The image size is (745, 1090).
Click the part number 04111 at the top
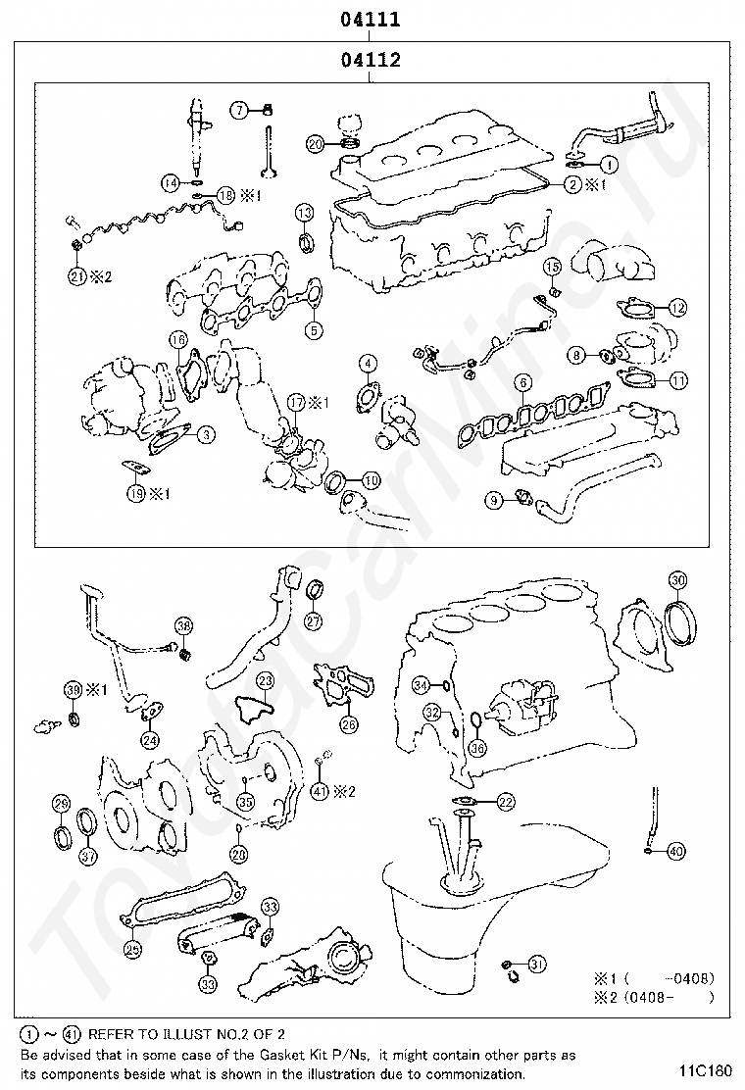coord(371,19)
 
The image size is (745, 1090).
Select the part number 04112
coord(371,60)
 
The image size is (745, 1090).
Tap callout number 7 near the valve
coord(240,110)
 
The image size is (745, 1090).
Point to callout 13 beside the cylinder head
coord(305,213)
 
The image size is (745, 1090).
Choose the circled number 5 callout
coord(313,330)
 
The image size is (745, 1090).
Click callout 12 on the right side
coord(677,308)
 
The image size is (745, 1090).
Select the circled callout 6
coord(524,382)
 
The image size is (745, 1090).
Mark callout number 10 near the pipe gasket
coord(370,480)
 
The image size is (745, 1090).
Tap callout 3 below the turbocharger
coord(205,433)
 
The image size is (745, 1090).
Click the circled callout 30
coord(677,578)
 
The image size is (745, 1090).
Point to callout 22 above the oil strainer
coord(505,802)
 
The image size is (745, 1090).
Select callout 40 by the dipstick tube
coord(676,852)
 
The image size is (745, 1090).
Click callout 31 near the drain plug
coord(535,965)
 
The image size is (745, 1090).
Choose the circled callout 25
coord(131,948)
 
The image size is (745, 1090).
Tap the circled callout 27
coord(312,619)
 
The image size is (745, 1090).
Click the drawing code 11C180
coord(703,1070)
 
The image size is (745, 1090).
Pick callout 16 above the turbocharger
coord(176,340)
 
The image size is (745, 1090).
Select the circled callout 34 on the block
coord(421,684)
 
